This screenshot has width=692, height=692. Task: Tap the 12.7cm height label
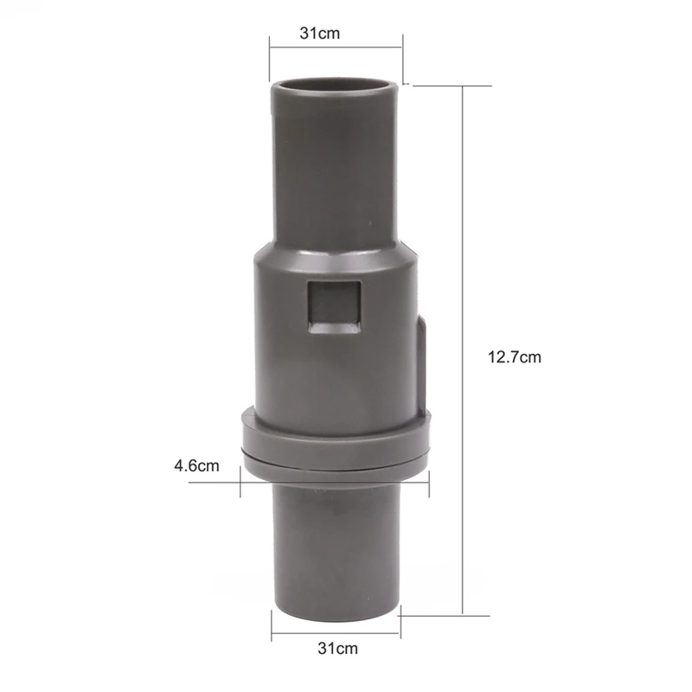[x=514, y=356]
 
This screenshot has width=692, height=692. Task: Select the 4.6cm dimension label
[x=196, y=465]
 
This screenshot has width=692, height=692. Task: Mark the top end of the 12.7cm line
[x=466, y=85]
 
